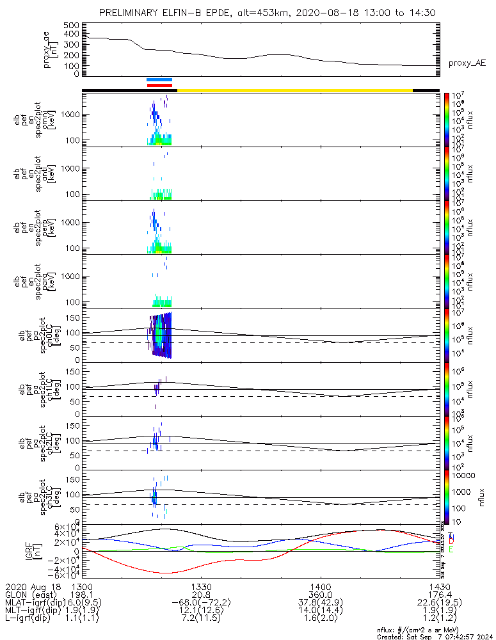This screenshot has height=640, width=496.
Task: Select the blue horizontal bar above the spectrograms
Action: coord(159,80)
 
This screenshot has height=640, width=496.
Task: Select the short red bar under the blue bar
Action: coord(159,85)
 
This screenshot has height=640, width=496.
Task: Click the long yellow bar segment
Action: coord(294,90)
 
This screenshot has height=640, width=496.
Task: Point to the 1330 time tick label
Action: coord(202,586)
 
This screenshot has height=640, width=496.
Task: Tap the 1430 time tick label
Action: coord(439,586)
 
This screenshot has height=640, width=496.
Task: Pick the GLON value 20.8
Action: coord(202,595)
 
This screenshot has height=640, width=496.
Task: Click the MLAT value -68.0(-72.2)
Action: coord(202,603)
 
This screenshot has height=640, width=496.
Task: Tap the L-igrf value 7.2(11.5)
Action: coord(202,620)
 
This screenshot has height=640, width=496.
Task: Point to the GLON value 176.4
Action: coord(439,595)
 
